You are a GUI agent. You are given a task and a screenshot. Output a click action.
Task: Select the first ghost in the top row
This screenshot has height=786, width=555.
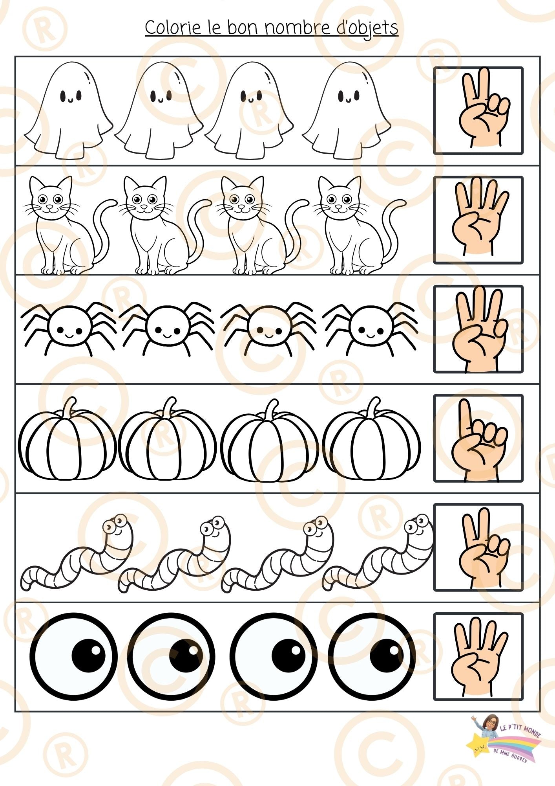(x=69, y=110)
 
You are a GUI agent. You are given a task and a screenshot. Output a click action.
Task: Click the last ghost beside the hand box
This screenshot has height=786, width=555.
(x=347, y=110)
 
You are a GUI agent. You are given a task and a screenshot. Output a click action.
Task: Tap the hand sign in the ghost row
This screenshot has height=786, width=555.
(x=478, y=110)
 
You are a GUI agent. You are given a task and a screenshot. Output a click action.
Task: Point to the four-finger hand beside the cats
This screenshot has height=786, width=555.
(x=478, y=220)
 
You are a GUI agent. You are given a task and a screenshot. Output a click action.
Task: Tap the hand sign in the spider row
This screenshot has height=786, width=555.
(x=478, y=329)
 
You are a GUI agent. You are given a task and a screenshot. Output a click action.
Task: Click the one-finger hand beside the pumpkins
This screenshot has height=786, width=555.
(x=478, y=438)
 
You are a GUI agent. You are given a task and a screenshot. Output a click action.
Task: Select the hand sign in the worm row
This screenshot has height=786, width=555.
(x=478, y=547)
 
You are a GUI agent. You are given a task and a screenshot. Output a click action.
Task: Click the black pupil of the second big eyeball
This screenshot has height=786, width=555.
(x=186, y=656)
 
